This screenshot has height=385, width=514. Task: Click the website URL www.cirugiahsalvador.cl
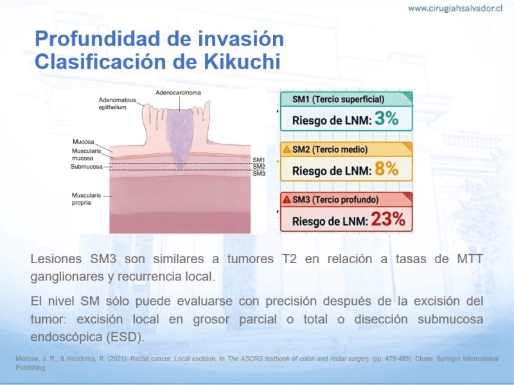455,8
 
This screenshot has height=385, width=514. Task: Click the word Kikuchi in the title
242,61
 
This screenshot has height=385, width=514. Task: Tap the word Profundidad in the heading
98,38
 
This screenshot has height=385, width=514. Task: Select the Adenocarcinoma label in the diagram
178,92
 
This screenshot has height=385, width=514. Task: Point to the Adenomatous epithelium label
118,103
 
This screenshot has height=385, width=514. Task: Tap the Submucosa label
87,167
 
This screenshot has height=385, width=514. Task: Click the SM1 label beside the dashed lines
259,160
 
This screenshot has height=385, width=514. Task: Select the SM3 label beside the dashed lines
259,173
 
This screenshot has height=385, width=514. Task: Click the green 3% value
387,118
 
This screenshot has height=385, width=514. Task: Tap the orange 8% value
387,169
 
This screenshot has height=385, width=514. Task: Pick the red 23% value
388,219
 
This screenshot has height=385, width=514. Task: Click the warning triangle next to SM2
287,150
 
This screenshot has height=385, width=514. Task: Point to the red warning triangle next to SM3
287,200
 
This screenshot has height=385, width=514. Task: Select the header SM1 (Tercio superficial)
338,99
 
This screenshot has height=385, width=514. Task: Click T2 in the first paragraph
290,259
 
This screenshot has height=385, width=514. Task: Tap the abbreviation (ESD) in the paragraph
125,338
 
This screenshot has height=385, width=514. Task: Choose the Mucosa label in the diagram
84,142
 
